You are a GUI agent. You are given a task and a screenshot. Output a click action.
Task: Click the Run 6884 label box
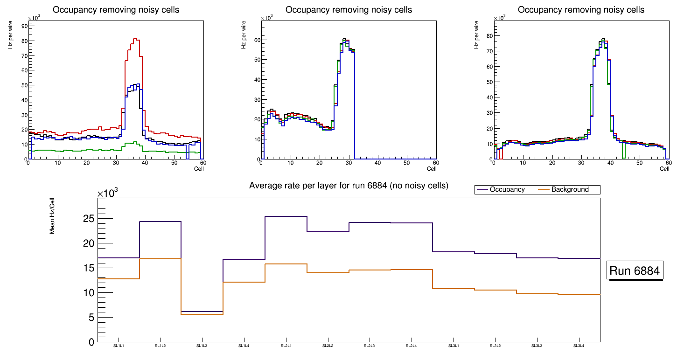pos(635,271)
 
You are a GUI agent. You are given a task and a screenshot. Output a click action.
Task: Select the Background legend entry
pos(570,190)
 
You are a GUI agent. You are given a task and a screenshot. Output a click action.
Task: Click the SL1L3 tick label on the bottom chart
pos(202,346)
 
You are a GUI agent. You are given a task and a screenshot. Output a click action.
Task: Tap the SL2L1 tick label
pos(286,346)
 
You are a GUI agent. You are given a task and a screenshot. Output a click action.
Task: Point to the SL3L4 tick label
pos(579,346)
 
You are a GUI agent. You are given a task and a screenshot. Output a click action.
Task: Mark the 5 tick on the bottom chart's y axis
pos(91,318)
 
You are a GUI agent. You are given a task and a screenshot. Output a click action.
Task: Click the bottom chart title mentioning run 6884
pos(349,186)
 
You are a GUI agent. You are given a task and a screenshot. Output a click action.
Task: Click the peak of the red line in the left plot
pos(135,39)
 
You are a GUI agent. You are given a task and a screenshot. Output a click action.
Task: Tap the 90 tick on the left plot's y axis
pos(23,26)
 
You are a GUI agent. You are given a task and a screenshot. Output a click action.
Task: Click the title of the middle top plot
pos(349,10)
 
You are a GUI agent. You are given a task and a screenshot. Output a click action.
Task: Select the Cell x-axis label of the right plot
pos(664,168)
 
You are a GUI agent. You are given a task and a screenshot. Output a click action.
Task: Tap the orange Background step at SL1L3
pos(202,315)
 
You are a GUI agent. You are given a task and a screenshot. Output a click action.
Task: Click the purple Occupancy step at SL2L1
pos(286,216)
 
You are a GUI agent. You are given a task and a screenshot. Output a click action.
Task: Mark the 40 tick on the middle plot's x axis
pos(378,163)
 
